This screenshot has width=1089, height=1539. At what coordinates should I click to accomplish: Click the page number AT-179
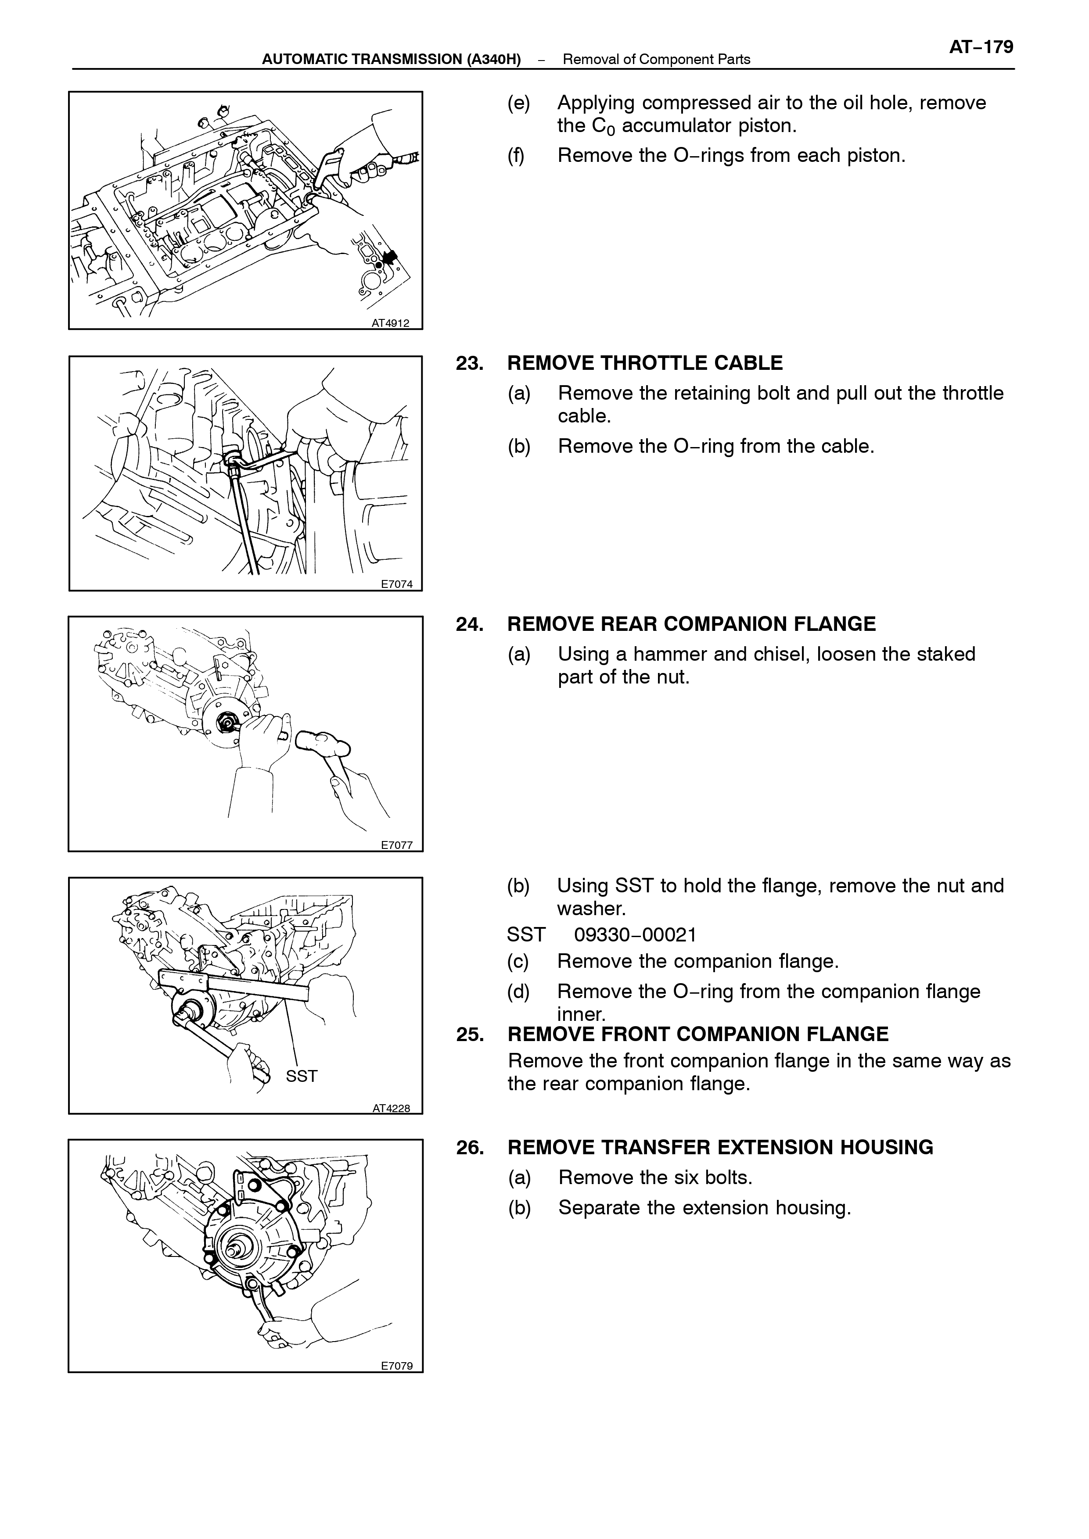pos(981,47)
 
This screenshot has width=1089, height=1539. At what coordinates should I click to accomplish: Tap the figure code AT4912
pos(390,323)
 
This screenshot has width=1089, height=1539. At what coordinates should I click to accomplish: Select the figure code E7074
pos(396,584)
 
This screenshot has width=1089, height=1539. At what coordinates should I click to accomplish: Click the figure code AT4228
pos(391,1108)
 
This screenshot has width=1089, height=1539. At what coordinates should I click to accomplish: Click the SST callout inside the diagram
pos(301,1076)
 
